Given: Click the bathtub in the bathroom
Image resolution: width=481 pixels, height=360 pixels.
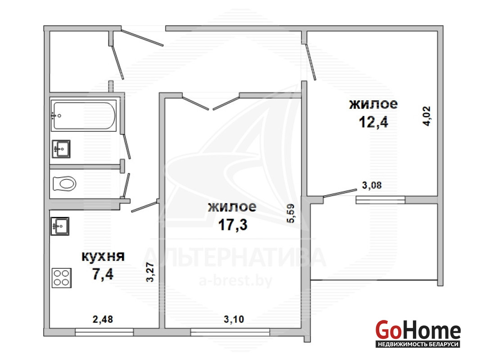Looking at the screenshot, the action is tap(83, 116).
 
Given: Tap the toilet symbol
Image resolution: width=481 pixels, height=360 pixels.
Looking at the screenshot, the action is tap(64, 184).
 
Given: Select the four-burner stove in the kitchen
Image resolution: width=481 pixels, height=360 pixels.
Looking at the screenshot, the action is tap(62, 278).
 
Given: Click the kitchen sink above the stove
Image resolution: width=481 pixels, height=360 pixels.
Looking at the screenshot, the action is tap(60, 226).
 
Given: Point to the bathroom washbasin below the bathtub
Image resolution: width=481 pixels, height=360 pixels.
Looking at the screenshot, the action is tap(61, 149).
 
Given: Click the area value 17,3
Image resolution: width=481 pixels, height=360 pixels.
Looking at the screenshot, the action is tap(232, 225).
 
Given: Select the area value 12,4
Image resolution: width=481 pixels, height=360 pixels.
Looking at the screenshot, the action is tap(373, 122).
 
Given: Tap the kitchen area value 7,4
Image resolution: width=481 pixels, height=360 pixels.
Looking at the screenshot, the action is tap(103, 274).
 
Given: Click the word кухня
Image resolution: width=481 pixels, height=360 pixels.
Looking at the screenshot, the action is tap(103, 256).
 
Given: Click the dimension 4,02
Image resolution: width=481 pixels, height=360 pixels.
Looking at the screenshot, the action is tap(427, 116).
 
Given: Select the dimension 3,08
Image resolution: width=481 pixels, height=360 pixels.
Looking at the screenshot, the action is tap(372, 185).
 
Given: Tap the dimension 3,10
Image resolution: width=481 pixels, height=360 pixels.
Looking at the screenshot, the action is tap(234, 319).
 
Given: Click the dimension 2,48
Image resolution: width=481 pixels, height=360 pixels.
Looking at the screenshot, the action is tap(103, 319).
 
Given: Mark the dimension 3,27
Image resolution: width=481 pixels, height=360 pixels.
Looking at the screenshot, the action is tap(150, 272).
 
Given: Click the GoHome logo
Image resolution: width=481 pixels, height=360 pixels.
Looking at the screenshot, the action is tap(418, 333).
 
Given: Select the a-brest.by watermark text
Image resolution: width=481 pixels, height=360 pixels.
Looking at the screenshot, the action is tap(235, 281).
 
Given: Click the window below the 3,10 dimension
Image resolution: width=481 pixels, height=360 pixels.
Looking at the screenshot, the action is tap(230, 332).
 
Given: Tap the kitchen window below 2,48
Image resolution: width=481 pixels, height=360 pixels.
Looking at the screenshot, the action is tap(104, 332).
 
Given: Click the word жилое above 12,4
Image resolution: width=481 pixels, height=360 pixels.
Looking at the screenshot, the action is tap(373, 104).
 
